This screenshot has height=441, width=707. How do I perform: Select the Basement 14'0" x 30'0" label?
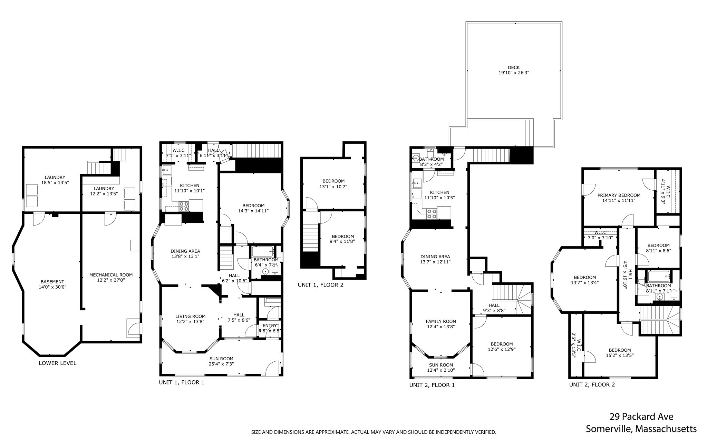coord(52,284)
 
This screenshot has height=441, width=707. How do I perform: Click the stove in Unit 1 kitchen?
coord(184,206)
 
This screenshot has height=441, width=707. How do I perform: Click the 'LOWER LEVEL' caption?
coord(57,363)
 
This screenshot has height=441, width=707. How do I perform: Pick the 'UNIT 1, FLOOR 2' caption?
coord(320,285)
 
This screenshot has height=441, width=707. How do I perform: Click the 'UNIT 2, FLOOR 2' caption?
coord(592,384)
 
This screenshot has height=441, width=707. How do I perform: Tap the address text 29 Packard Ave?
coord(641,417)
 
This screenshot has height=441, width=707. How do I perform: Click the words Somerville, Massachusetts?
coord(641,429)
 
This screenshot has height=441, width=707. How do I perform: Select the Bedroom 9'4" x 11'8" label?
coord(341,239)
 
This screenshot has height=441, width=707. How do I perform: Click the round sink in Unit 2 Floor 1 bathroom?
coord(416,159)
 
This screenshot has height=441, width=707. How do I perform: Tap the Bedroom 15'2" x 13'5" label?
coord(619,352)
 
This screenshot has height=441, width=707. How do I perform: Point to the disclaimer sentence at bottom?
coord(373,432)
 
